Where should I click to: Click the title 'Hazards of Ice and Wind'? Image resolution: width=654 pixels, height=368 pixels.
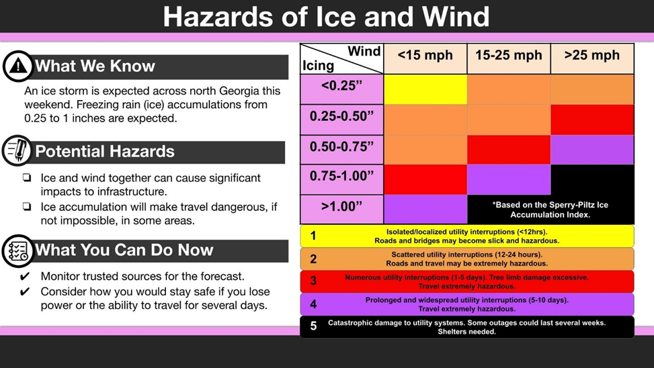pyautogui.click(x=326, y=17)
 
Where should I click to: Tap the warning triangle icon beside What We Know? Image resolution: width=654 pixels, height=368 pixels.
pyautogui.click(x=18, y=66)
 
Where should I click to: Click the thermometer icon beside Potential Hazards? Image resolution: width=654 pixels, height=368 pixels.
pyautogui.click(x=17, y=150)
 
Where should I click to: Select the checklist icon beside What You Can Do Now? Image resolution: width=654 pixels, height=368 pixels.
pyautogui.click(x=17, y=250)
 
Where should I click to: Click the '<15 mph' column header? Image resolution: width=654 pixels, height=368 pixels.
pyautogui.click(x=425, y=56)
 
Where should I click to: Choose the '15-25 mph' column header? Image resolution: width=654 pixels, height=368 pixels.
pyautogui.click(x=508, y=56)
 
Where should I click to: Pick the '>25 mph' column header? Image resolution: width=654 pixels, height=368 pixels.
pyautogui.click(x=591, y=56)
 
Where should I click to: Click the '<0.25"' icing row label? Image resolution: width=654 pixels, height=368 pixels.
pyautogui.click(x=341, y=86)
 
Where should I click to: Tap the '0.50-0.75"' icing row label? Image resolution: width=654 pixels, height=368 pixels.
pyautogui.click(x=341, y=147)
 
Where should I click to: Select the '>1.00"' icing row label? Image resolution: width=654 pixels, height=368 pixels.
pyautogui.click(x=341, y=206)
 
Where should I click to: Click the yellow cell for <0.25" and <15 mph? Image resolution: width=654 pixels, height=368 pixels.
pyautogui.click(x=425, y=89)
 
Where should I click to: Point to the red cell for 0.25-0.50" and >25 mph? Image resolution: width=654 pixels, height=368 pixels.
pyautogui.click(x=591, y=120)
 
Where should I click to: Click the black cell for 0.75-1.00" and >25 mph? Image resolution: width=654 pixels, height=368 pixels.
pyautogui.click(x=591, y=179)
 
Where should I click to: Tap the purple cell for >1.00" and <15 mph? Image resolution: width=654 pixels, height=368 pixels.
pyautogui.click(x=425, y=209)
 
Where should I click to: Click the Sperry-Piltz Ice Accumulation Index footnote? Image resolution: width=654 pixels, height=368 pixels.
pyautogui.click(x=550, y=210)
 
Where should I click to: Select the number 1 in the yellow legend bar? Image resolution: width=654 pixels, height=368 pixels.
pyautogui.click(x=313, y=236)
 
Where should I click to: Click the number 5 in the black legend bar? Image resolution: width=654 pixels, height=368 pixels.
pyautogui.click(x=313, y=326)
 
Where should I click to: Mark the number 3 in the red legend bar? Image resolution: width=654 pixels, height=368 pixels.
pyautogui.click(x=313, y=281)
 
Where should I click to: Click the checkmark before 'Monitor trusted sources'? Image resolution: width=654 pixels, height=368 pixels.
pyautogui.click(x=26, y=276)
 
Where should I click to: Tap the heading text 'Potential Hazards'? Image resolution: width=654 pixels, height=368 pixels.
pyautogui.click(x=104, y=152)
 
